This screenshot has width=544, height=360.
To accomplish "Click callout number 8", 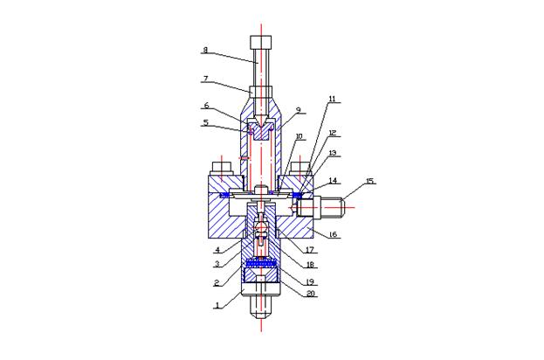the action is coord(205,50).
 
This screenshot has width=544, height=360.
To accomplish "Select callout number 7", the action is coord(205,79).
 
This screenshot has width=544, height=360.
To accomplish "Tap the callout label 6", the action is coord(206,105).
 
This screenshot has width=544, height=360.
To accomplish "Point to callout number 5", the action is coord(206,122).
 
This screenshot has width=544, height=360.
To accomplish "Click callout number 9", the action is coord(298,110).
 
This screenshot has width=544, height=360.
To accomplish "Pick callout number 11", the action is coord(333,99).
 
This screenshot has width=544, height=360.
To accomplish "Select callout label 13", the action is coord(333,153).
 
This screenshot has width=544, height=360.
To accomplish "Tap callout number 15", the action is coord(370,181).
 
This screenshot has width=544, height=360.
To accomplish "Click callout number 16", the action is coord(333,235).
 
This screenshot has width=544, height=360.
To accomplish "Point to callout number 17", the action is coord(310,249).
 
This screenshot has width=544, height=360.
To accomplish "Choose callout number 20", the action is coord(311,294).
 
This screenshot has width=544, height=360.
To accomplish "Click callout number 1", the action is coord(217,306).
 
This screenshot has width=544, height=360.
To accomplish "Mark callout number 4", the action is coord(217,249).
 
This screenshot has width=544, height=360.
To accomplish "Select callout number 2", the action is coord(217,282).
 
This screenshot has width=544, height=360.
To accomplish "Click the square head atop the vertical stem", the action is coord(260,42).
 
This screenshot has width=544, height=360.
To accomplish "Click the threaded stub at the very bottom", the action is coord(260,308).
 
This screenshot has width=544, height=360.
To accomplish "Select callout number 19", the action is coord(310,281).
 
